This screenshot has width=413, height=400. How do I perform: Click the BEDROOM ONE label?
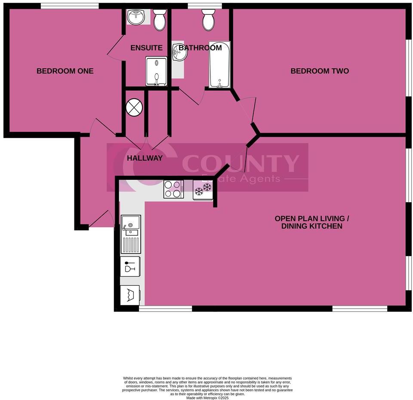click(x=65, y=71)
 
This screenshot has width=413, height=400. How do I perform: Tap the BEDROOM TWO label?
click(x=320, y=71)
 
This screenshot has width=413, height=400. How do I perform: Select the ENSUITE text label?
click(x=147, y=48)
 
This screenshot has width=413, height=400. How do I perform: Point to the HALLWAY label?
click(x=145, y=158)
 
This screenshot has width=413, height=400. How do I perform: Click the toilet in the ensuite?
click(x=160, y=19)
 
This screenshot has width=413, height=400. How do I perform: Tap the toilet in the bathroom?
click(x=209, y=19)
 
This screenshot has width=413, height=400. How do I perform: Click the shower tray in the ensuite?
click(x=157, y=71)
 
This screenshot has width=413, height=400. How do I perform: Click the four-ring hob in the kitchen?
click(x=173, y=189)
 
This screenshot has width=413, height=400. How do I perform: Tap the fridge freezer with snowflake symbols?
click(x=203, y=189)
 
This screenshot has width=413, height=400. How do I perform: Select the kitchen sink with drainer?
click(x=130, y=234)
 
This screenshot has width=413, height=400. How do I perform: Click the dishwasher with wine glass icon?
click(x=130, y=266)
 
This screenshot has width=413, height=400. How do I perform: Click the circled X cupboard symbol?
click(x=134, y=107)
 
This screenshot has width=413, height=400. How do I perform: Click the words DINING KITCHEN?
click(x=312, y=226)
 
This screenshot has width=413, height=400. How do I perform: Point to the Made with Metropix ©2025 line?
click(x=207, y=398)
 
